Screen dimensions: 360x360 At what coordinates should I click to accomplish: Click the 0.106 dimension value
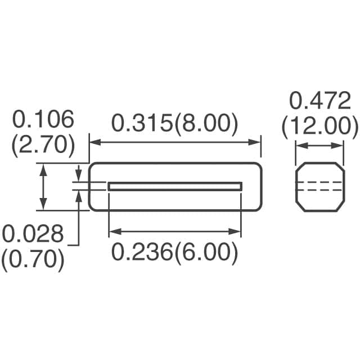(43, 120)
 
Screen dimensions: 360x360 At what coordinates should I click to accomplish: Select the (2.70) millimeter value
(43, 145)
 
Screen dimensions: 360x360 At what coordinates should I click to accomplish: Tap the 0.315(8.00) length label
(174, 123)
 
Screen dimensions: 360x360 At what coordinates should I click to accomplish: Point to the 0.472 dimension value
(319, 102)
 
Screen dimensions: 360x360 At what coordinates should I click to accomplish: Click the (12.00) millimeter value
(319, 127)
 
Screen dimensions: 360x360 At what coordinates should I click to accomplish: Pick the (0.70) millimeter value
(32, 259)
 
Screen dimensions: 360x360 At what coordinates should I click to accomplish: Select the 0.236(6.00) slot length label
(174, 253)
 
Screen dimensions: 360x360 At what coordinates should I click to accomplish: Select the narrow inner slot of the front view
(175, 186)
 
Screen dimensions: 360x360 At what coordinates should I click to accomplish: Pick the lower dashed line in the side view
(319, 190)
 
